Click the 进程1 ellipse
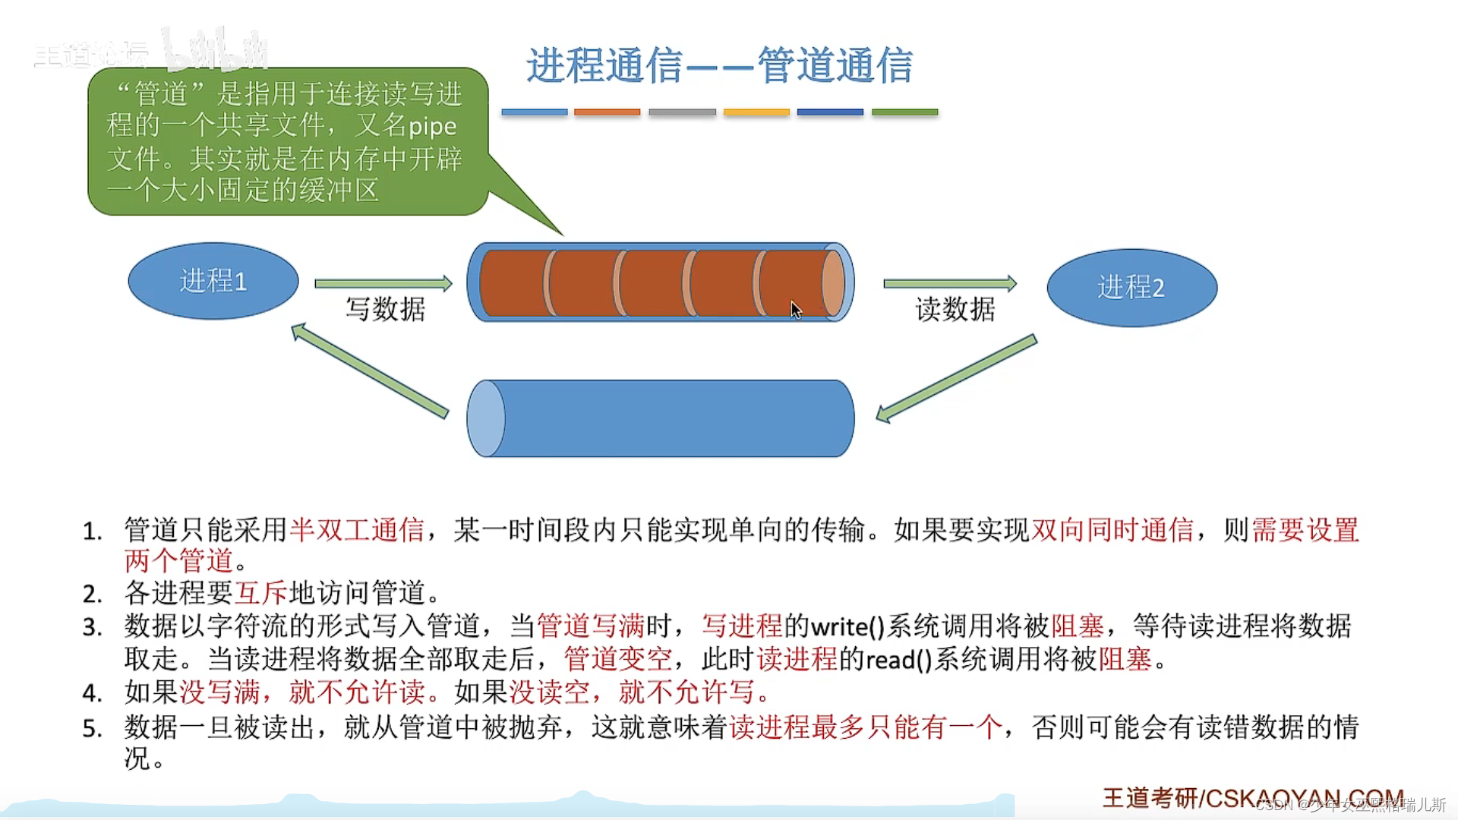(213, 281)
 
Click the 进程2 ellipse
(1131, 288)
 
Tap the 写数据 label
(386, 310)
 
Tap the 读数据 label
(955, 310)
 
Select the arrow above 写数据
(383, 284)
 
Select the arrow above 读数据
(949, 284)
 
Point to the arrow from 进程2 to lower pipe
(957, 377)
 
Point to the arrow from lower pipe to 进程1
(370, 371)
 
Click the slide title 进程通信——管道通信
(719, 65)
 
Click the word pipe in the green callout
(432, 127)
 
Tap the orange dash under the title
(607, 112)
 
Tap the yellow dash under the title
(756, 112)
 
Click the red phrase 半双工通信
(357, 530)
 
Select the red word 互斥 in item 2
(261, 593)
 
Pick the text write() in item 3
(847, 627)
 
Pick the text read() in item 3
(898, 660)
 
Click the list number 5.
(92, 729)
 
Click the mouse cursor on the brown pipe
(795, 310)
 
